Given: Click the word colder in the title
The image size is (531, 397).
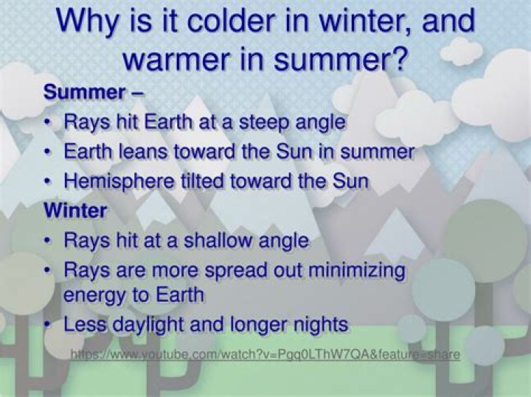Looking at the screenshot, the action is point(229,21).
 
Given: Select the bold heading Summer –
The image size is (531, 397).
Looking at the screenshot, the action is point(94,92).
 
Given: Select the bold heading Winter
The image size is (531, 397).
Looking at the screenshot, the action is point(75,211).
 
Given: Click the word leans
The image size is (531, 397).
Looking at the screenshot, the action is point(142,151).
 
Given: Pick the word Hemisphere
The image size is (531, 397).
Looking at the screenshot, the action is point(119,181).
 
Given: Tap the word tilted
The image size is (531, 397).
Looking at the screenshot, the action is point(202,181).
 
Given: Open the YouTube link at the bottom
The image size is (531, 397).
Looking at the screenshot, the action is point(265,354).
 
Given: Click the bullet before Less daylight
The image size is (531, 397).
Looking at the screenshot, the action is point(48,325).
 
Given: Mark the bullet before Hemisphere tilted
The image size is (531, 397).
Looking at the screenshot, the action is point(48,181).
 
